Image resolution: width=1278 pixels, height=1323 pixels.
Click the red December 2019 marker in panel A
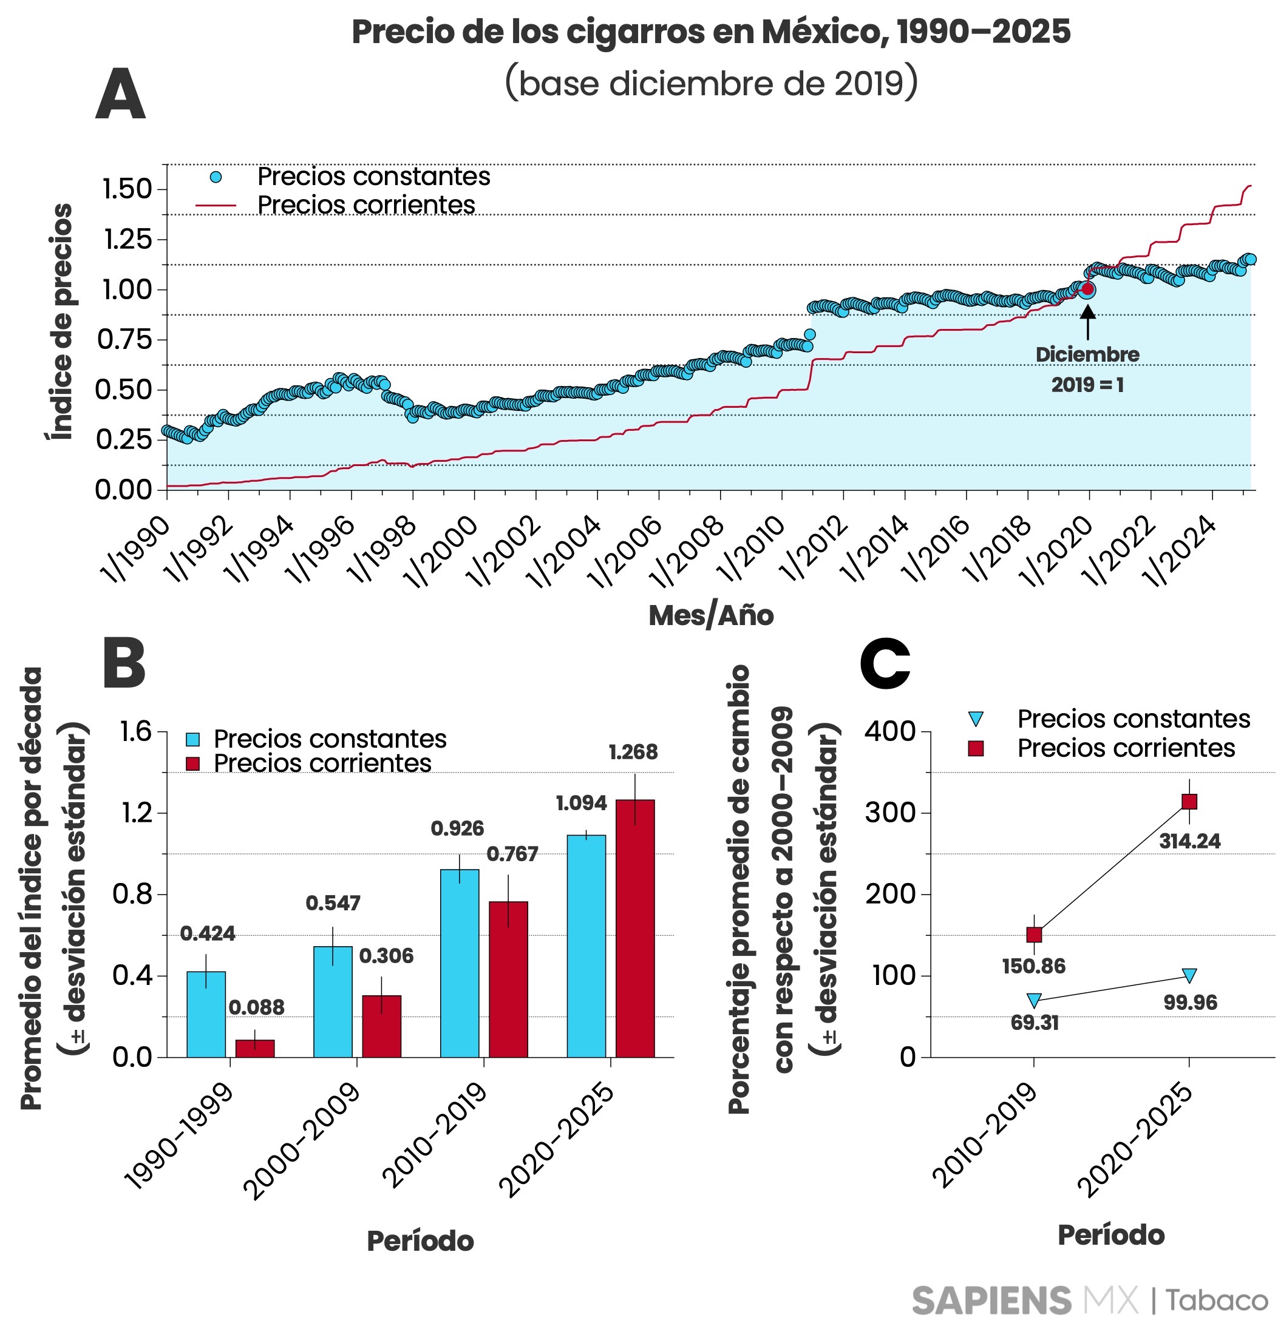coord(1087,289)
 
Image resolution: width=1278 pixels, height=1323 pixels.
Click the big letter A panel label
coord(120,95)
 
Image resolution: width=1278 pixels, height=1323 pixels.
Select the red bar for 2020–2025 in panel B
coord(634,928)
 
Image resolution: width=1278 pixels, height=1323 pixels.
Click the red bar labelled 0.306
coord(381,1026)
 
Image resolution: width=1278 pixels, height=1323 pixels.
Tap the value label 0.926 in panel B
coord(458,828)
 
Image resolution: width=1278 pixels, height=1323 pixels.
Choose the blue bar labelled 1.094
coord(586,946)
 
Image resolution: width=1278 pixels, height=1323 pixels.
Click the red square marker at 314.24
coord(1189,801)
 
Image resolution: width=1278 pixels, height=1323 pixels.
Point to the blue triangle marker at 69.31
coord(1033,1000)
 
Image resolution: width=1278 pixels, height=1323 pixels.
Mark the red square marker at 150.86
coord(1033,934)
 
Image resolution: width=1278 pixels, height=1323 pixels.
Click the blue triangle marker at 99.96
coord(1189,975)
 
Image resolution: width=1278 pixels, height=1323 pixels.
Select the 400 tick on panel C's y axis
coord(890,731)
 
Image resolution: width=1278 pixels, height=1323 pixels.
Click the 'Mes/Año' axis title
coord(711,615)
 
